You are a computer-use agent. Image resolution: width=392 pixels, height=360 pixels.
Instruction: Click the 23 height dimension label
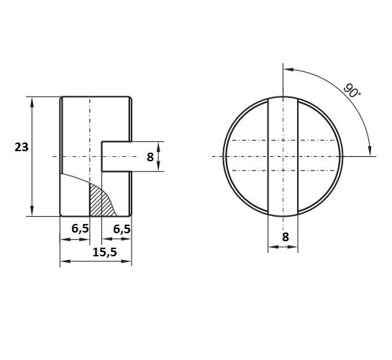(22, 147)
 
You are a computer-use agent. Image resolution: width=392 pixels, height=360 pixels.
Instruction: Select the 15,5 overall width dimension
(105, 252)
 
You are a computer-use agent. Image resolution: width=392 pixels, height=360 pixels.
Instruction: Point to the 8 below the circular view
(286, 237)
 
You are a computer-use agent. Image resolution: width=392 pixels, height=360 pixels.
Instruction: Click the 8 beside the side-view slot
(150, 157)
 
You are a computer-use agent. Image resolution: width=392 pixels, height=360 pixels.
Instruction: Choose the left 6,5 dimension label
(80, 229)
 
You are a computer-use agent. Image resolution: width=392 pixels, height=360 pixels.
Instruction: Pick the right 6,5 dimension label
(122, 229)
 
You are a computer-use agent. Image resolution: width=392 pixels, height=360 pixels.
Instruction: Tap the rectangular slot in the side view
(117, 156)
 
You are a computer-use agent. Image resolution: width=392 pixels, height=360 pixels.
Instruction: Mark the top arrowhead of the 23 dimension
(32, 102)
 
